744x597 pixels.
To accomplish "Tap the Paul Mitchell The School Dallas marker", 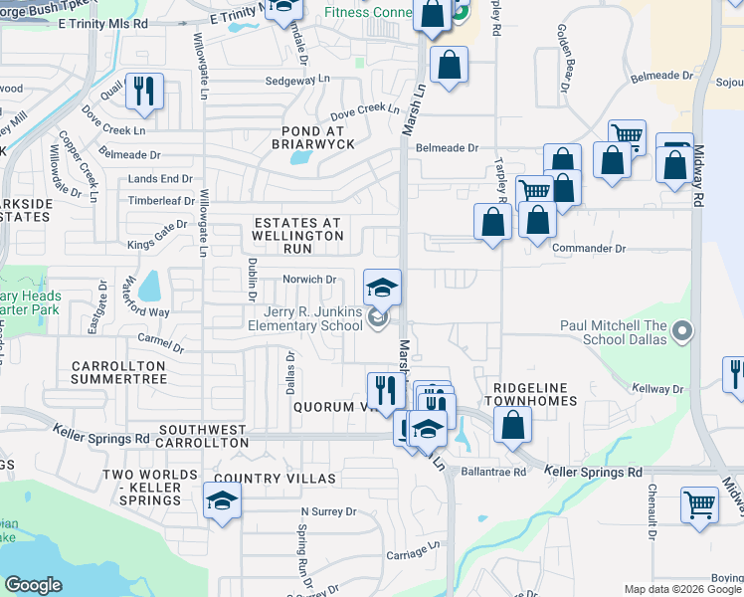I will tap(681, 329).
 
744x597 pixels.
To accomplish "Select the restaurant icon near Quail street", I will tap(145, 92).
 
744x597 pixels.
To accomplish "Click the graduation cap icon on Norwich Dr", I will tap(382, 289).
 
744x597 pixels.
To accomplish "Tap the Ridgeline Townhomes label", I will tap(530, 393).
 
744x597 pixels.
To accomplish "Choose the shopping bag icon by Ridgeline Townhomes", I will tap(512, 426).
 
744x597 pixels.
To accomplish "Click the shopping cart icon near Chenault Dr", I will tap(700, 504).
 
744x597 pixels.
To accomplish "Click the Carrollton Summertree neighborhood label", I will tap(118, 373).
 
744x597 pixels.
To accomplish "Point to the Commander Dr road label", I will tap(589, 248).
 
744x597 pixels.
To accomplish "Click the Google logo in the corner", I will tap(33, 585).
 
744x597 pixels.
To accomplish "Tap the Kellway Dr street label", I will tap(653, 388).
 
